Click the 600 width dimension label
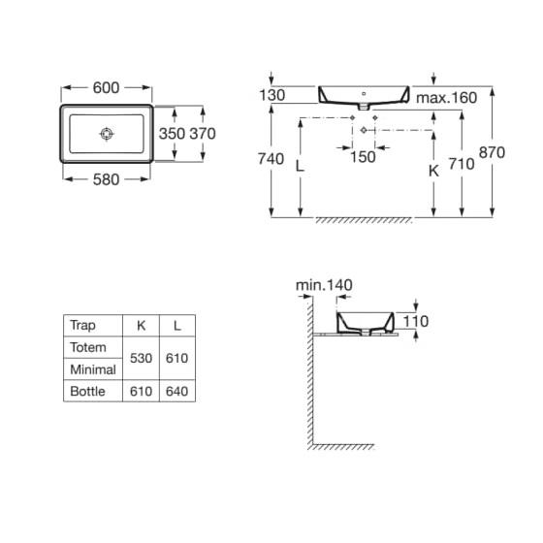tap(106, 87)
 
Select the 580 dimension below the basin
tap(106, 179)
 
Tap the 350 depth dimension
tap(172, 134)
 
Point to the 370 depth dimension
tap(203, 134)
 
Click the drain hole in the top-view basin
tap(107, 134)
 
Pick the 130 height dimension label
tap(272, 95)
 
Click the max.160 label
tap(446, 98)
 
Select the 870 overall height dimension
tap(492, 152)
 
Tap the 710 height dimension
tap(462, 164)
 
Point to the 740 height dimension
tap(271, 159)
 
